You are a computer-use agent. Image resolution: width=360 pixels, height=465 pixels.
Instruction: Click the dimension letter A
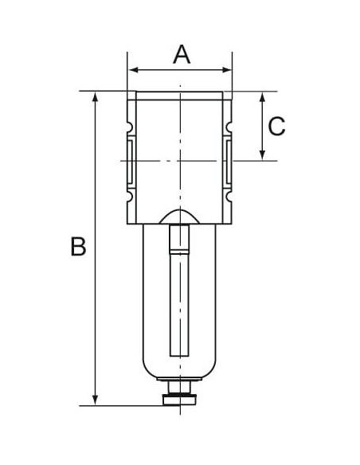tap(182, 55)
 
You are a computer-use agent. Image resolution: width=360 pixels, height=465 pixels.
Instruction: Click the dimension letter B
tap(78, 246)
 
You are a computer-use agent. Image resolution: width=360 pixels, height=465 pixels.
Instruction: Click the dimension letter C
tap(276, 127)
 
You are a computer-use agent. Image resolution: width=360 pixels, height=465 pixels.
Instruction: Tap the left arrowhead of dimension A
tap(134, 70)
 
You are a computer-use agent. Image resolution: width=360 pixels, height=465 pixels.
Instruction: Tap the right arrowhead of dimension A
tap(226, 70)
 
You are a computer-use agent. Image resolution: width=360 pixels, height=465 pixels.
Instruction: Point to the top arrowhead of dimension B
tap(96, 96)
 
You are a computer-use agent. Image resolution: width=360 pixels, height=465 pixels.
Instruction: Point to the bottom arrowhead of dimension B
tap(96, 400)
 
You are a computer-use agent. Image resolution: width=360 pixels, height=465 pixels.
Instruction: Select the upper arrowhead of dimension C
tap(262, 96)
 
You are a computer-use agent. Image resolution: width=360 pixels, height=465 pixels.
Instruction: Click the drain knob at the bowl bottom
tap(180, 400)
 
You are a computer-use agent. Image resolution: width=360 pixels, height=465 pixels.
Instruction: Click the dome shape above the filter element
tap(179, 217)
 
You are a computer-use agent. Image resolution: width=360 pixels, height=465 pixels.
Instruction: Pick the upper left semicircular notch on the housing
tap(130, 127)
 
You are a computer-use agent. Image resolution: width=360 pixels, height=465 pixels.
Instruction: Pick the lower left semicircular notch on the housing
tap(130, 196)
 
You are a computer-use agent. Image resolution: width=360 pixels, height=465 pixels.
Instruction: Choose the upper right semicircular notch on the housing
tap(229, 127)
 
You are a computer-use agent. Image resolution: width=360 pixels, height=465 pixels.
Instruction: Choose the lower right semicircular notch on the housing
tap(229, 196)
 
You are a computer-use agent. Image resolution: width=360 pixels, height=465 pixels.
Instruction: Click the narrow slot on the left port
tap(130, 162)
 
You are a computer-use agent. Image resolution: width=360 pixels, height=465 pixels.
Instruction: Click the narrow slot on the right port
tap(229, 162)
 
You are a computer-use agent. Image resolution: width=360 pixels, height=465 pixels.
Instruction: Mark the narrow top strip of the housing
tap(179, 96)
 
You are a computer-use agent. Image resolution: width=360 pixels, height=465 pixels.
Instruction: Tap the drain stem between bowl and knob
tap(179, 388)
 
